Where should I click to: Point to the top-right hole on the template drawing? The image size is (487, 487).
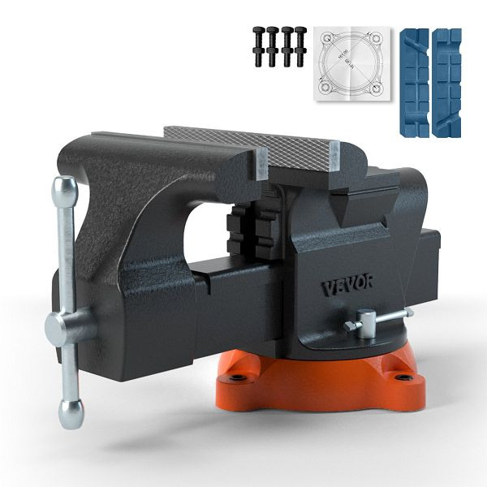376,37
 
